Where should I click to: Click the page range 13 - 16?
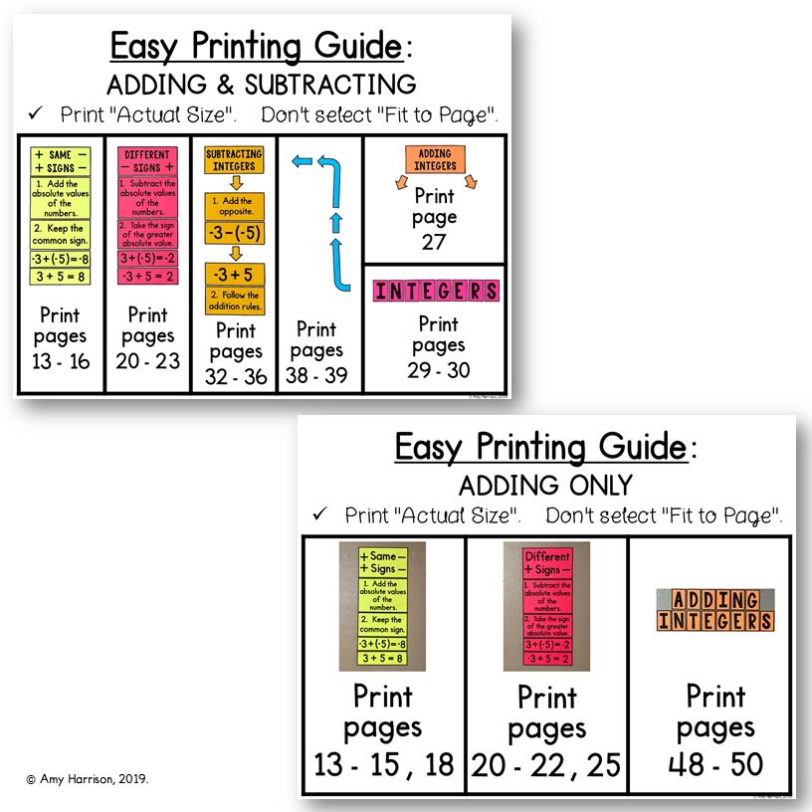61,361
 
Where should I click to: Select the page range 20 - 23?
147,361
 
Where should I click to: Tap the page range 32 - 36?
236,376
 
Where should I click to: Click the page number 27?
434,242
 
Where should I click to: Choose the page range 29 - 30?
438,370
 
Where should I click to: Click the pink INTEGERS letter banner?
436,291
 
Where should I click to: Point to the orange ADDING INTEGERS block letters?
714,610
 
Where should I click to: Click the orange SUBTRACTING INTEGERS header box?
234,160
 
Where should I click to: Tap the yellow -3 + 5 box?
235,275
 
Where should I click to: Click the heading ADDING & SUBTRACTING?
261,84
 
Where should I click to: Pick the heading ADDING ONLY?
544,485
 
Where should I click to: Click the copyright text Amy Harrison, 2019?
88,779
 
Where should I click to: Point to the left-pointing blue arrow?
304,160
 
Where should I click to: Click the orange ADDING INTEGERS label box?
434,159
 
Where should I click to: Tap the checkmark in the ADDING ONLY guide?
320,514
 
